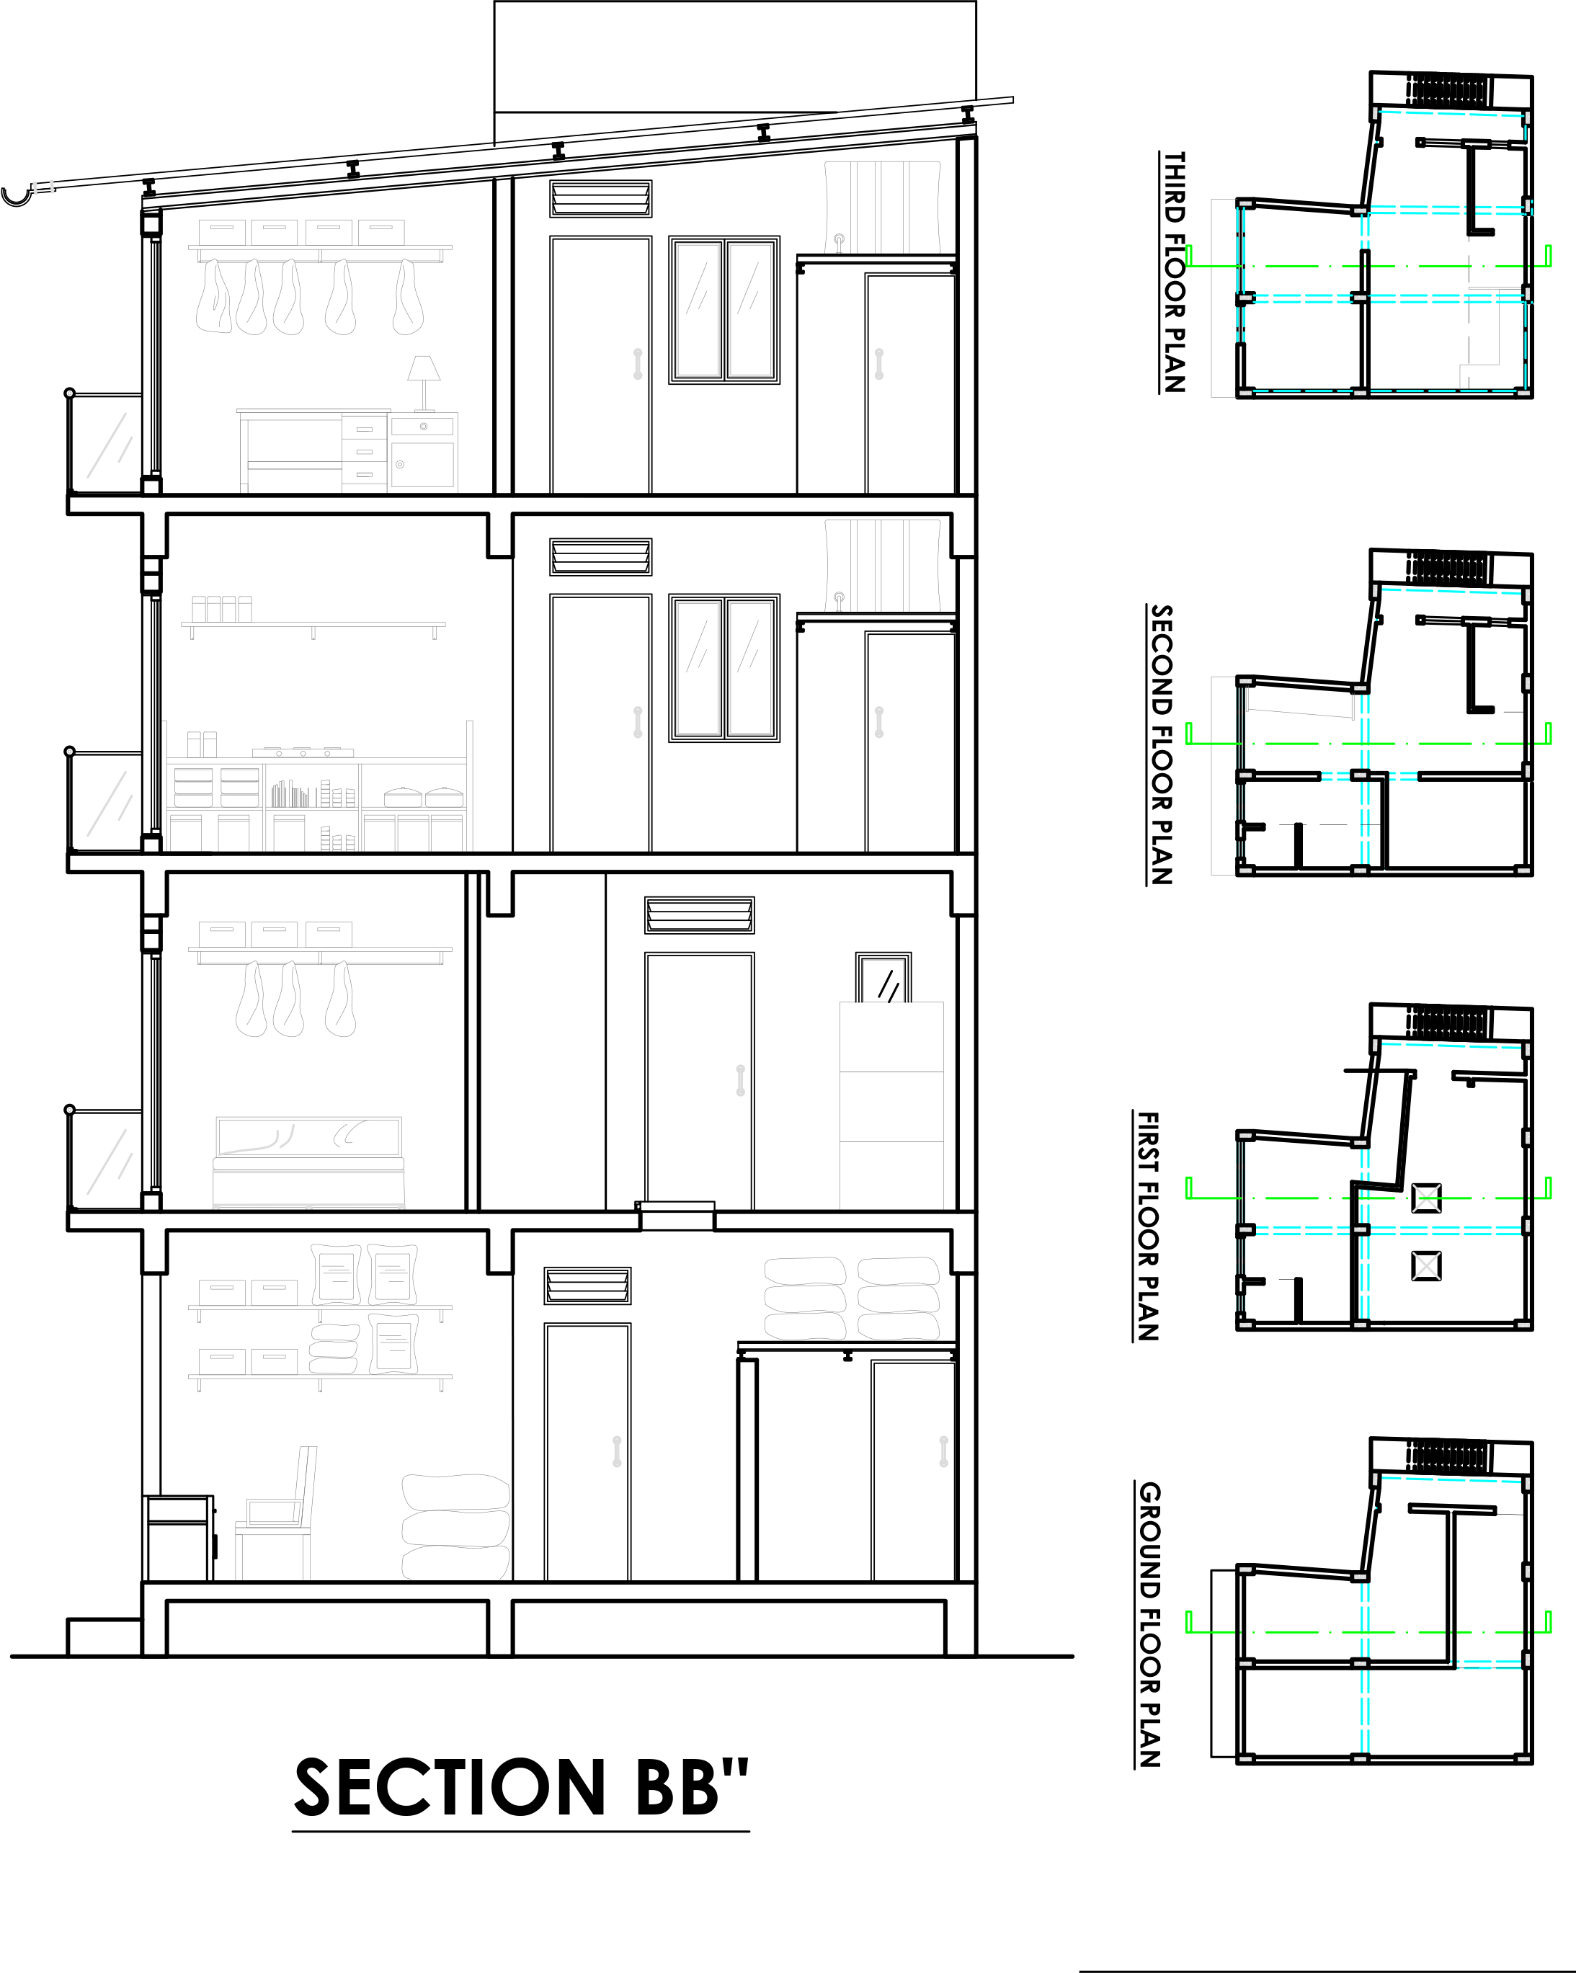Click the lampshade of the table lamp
[x=424, y=368]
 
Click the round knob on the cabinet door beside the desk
[x=400, y=464]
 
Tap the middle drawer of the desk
[x=364, y=451]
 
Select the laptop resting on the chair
[x=272, y=1512]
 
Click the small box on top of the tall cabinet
[x=883, y=980]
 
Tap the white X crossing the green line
[x=1426, y=1198]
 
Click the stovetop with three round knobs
[x=303, y=752]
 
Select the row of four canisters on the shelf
[x=221, y=609]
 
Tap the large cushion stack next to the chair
[x=455, y=1526]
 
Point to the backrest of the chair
[x=308, y=1482]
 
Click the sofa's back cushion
[x=308, y=1136]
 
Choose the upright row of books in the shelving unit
[x=290, y=793]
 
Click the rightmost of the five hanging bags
[x=407, y=298]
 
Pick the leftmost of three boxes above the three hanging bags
[x=223, y=933]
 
